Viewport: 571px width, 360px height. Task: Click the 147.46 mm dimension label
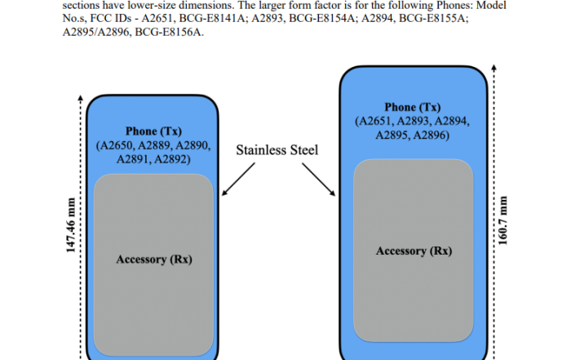tap(71, 225)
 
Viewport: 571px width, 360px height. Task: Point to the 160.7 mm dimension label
tap(502, 220)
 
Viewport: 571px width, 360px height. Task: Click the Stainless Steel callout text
tap(277, 150)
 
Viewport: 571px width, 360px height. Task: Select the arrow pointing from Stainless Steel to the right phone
tap(319, 180)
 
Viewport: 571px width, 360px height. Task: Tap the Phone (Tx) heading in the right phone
tap(412, 107)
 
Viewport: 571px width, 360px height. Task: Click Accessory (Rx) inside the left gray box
tap(154, 260)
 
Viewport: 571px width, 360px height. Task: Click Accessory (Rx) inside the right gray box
tap(414, 251)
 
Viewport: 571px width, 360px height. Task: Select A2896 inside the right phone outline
tap(430, 135)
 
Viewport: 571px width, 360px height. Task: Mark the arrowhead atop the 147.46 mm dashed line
tap(80, 97)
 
